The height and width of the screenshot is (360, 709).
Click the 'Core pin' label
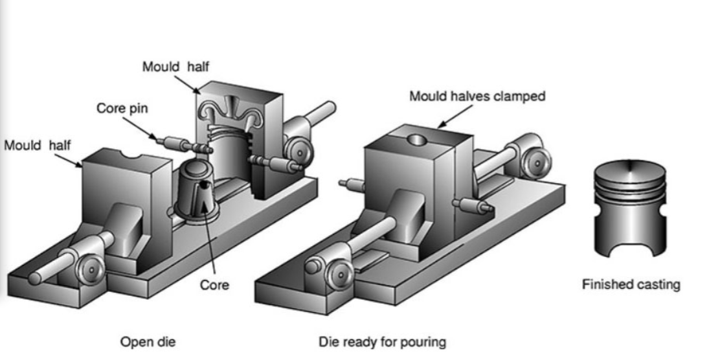tap(122, 108)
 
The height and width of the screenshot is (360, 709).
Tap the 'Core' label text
tap(214, 284)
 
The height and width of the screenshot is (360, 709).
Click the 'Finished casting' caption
tap(631, 284)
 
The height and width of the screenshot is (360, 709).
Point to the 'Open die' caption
tap(148, 341)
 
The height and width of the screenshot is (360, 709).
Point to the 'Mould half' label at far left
tap(38, 144)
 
